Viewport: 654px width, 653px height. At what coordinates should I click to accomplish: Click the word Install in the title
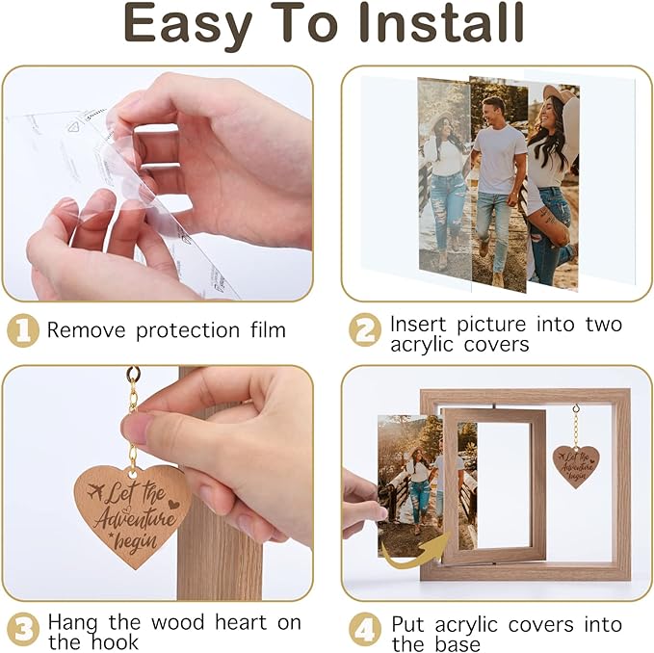[441, 23]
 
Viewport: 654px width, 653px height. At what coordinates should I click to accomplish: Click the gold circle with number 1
[23, 330]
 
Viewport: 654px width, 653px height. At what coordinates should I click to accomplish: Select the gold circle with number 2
[365, 329]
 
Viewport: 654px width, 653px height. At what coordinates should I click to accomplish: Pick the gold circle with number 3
[23, 629]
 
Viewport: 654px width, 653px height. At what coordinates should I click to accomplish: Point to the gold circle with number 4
[365, 629]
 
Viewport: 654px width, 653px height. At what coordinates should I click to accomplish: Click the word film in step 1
[268, 329]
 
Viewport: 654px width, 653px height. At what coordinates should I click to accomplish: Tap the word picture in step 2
[491, 325]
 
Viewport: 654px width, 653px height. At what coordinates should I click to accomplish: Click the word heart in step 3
[241, 622]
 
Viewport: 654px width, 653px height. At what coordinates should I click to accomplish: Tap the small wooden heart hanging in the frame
[576, 466]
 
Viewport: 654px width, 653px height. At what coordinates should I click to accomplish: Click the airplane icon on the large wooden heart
[96, 491]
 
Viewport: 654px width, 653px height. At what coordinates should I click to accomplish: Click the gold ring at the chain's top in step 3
[134, 373]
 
